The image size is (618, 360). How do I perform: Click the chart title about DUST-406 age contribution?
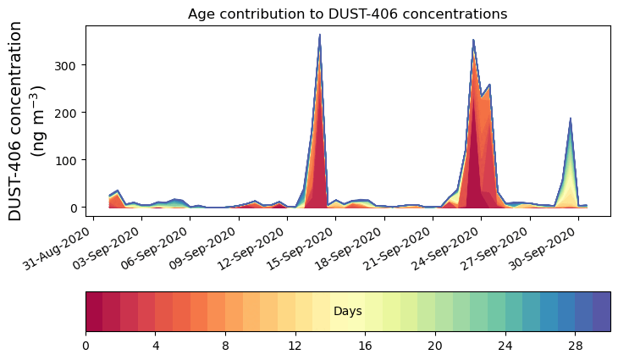click(x=347, y=14)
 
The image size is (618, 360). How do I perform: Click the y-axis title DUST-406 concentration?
click(x=27, y=121)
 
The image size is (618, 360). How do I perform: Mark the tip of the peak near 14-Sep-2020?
click(x=319, y=36)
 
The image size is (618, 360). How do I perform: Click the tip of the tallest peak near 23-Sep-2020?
click(x=473, y=40)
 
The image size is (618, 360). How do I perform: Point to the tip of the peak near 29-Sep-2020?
click(x=571, y=119)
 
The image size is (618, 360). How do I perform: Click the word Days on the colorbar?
click(x=347, y=312)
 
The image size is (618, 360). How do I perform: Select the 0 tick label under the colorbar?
click(x=86, y=346)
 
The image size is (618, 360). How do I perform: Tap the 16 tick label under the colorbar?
click(x=365, y=346)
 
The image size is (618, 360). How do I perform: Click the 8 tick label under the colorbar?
click(x=225, y=346)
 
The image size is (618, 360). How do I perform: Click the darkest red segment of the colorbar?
click(x=94, y=312)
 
